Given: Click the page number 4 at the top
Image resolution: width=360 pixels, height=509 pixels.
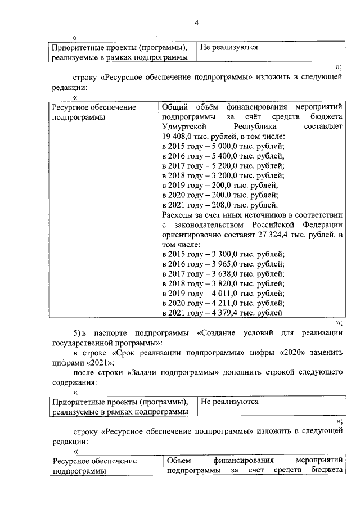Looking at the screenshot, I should click(x=196, y=22).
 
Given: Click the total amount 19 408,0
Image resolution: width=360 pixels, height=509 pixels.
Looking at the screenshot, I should click(x=179, y=137).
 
